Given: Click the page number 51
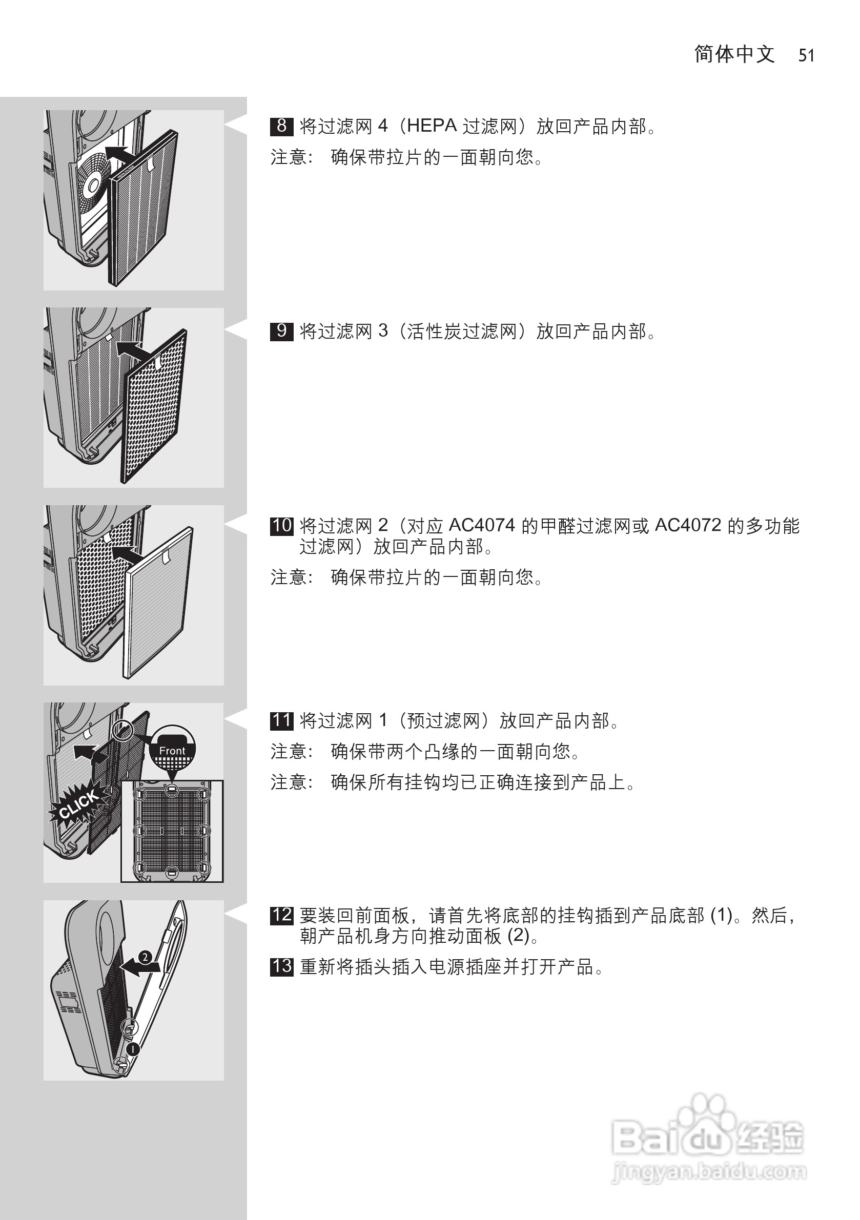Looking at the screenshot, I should click(x=806, y=55).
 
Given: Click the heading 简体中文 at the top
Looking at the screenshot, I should click(x=734, y=54).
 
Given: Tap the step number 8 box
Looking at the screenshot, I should click(x=281, y=126).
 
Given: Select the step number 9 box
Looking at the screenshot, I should click(x=281, y=331).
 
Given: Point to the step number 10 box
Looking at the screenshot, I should click(x=282, y=526).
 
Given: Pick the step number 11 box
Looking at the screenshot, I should click(x=282, y=720).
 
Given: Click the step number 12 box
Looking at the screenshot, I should click(x=282, y=915).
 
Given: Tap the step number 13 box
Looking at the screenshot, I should click(x=282, y=966).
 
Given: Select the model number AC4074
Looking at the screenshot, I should click(x=482, y=526).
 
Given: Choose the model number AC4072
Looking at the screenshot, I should click(x=688, y=526).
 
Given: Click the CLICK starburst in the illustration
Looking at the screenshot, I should click(x=78, y=804).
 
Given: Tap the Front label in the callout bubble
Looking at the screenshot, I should click(x=172, y=751).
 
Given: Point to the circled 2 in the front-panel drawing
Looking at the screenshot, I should click(x=145, y=957).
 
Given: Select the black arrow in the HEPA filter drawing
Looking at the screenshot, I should click(x=120, y=154).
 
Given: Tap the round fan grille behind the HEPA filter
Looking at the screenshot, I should click(x=94, y=183).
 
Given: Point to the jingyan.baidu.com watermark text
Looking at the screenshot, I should click(x=709, y=1171).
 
